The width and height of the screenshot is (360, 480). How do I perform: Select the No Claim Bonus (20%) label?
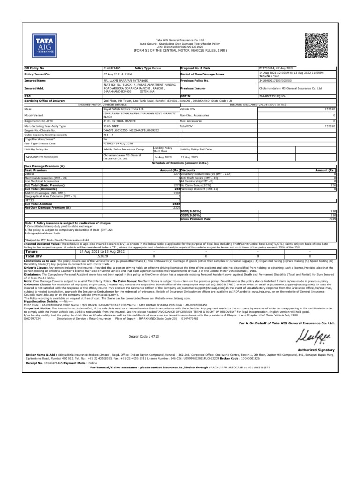(198, 185)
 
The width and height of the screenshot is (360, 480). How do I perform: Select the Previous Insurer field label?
(193, 87)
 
